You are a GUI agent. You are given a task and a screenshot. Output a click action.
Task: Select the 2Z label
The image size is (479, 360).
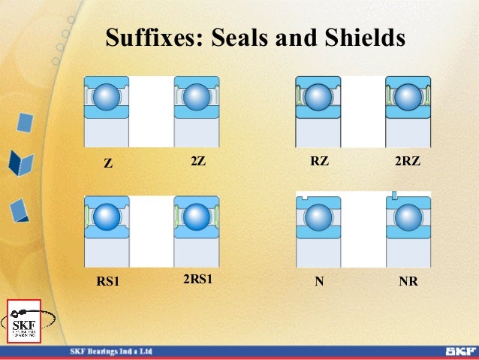[x=198, y=161]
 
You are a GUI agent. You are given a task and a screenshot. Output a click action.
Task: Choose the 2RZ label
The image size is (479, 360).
[x=407, y=161]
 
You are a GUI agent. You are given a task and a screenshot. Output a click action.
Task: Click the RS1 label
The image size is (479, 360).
[x=108, y=283]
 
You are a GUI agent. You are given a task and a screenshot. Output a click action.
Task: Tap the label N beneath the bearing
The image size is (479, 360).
[x=319, y=283]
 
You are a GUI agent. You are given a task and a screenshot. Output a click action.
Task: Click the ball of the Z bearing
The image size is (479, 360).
[x=107, y=97]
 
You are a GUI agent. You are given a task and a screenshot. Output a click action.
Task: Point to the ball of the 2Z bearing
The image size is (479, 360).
[x=197, y=97]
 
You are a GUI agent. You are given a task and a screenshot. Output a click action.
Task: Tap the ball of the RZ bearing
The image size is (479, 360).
[x=318, y=97]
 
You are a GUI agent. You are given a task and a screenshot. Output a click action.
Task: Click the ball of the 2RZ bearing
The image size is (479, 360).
[x=408, y=97]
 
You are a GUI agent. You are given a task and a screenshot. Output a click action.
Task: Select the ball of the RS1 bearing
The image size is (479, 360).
[x=107, y=217]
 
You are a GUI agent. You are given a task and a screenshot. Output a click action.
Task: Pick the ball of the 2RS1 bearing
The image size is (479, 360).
[x=197, y=217]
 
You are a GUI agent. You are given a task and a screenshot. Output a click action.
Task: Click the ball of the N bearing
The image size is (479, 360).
[x=318, y=218]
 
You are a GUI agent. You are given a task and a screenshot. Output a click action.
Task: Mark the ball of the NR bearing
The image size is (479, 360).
[x=408, y=218]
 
